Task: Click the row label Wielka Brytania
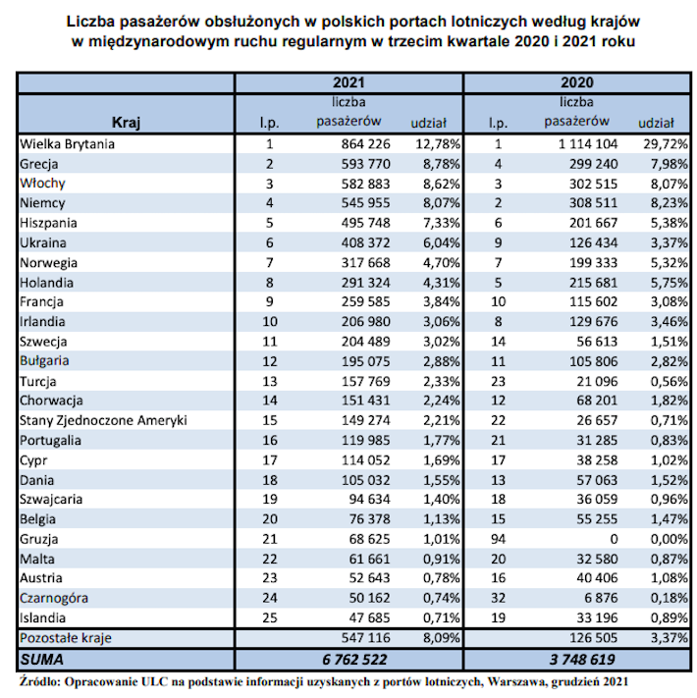[x=67, y=144]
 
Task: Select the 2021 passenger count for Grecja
[x=365, y=164]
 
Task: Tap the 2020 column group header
[x=577, y=82]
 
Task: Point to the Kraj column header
[x=126, y=123]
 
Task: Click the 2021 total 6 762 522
[x=354, y=660]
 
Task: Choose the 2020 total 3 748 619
[x=582, y=660]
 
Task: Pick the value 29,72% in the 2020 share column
[x=666, y=144]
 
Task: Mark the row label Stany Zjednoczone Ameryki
[x=103, y=421]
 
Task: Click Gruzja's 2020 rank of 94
[x=498, y=540]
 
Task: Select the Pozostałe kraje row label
[x=66, y=638]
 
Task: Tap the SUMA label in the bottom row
[x=42, y=660]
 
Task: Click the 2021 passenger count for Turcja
[x=365, y=382]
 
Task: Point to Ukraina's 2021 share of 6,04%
[x=441, y=243]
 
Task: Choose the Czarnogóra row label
[x=54, y=598]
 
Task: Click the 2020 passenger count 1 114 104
[x=588, y=144]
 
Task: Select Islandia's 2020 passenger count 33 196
[x=597, y=618]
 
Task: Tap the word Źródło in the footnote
[x=39, y=681]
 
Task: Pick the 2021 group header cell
[x=348, y=82]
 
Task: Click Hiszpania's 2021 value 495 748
[x=365, y=223]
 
